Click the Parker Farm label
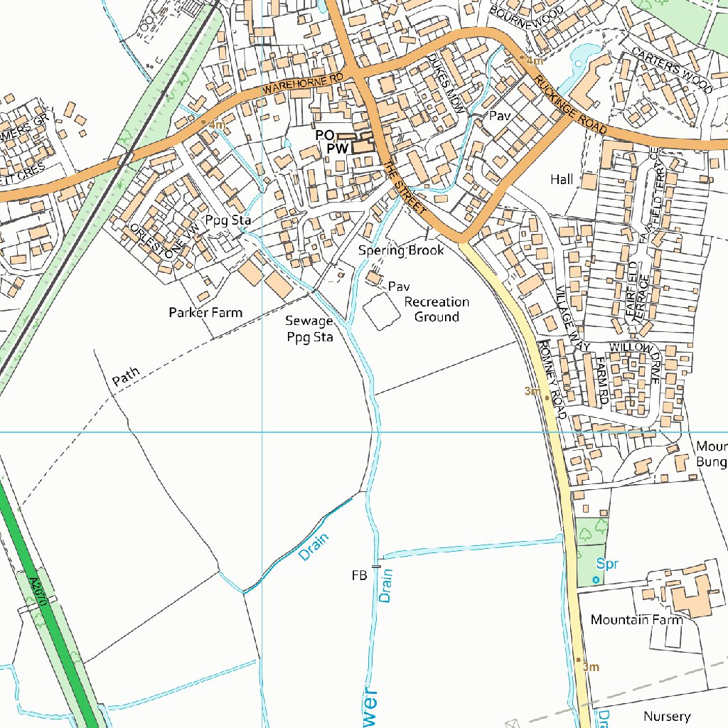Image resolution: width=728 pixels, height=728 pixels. (205, 312)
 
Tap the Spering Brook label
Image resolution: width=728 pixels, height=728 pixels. (401, 250)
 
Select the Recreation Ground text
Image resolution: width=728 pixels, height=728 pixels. (437, 309)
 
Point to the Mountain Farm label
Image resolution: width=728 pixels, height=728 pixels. (636, 619)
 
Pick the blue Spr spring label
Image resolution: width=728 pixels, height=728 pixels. (606, 564)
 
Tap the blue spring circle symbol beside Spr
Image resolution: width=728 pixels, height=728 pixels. (595, 580)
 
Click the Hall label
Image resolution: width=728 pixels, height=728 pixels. (561, 180)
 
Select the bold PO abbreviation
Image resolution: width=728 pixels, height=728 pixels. (325, 135)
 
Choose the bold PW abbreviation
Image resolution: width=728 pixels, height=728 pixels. (337, 149)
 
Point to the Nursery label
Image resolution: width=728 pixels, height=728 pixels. (666, 716)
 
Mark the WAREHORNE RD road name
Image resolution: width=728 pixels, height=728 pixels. (303, 84)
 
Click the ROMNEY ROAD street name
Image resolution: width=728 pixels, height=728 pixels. (552, 378)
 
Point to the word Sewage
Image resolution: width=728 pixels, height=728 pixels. (309, 321)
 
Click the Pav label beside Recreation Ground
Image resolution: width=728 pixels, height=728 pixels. (399, 287)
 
